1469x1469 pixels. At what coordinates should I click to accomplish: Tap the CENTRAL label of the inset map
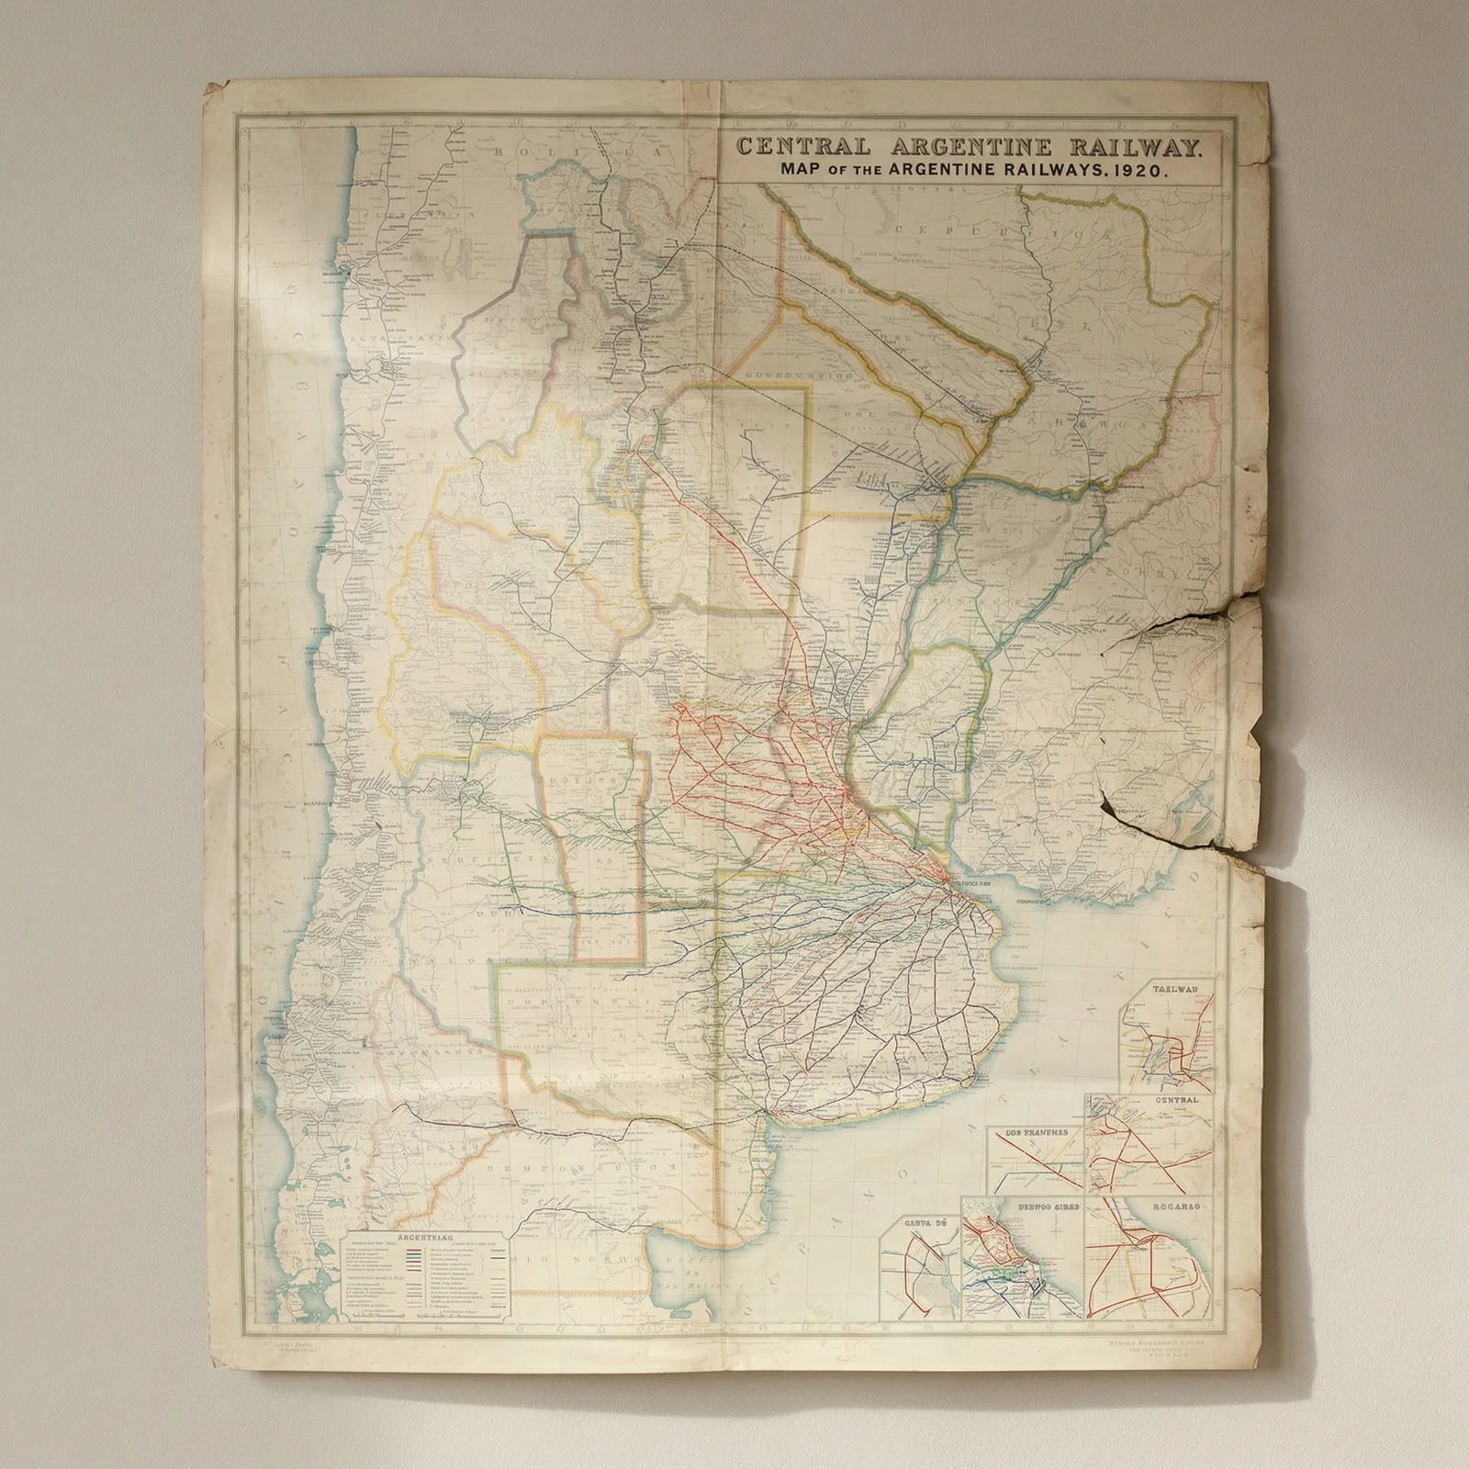1177,1100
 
